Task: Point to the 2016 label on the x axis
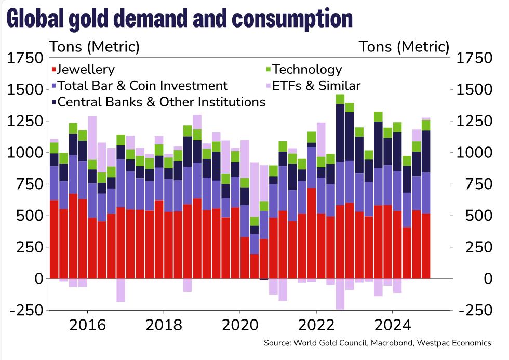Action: (87, 325)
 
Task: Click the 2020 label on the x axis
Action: (240, 325)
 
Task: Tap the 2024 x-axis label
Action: (393, 325)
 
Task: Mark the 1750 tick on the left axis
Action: (25, 58)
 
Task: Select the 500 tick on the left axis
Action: (29, 216)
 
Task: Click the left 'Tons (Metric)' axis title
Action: (94, 47)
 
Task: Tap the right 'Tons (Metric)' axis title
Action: (404, 47)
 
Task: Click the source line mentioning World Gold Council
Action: (377, 343)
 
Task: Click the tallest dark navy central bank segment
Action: (340, 133)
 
